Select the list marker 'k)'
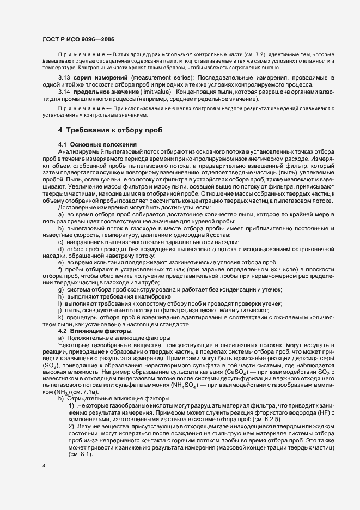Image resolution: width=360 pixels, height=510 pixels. coord(60,318)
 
